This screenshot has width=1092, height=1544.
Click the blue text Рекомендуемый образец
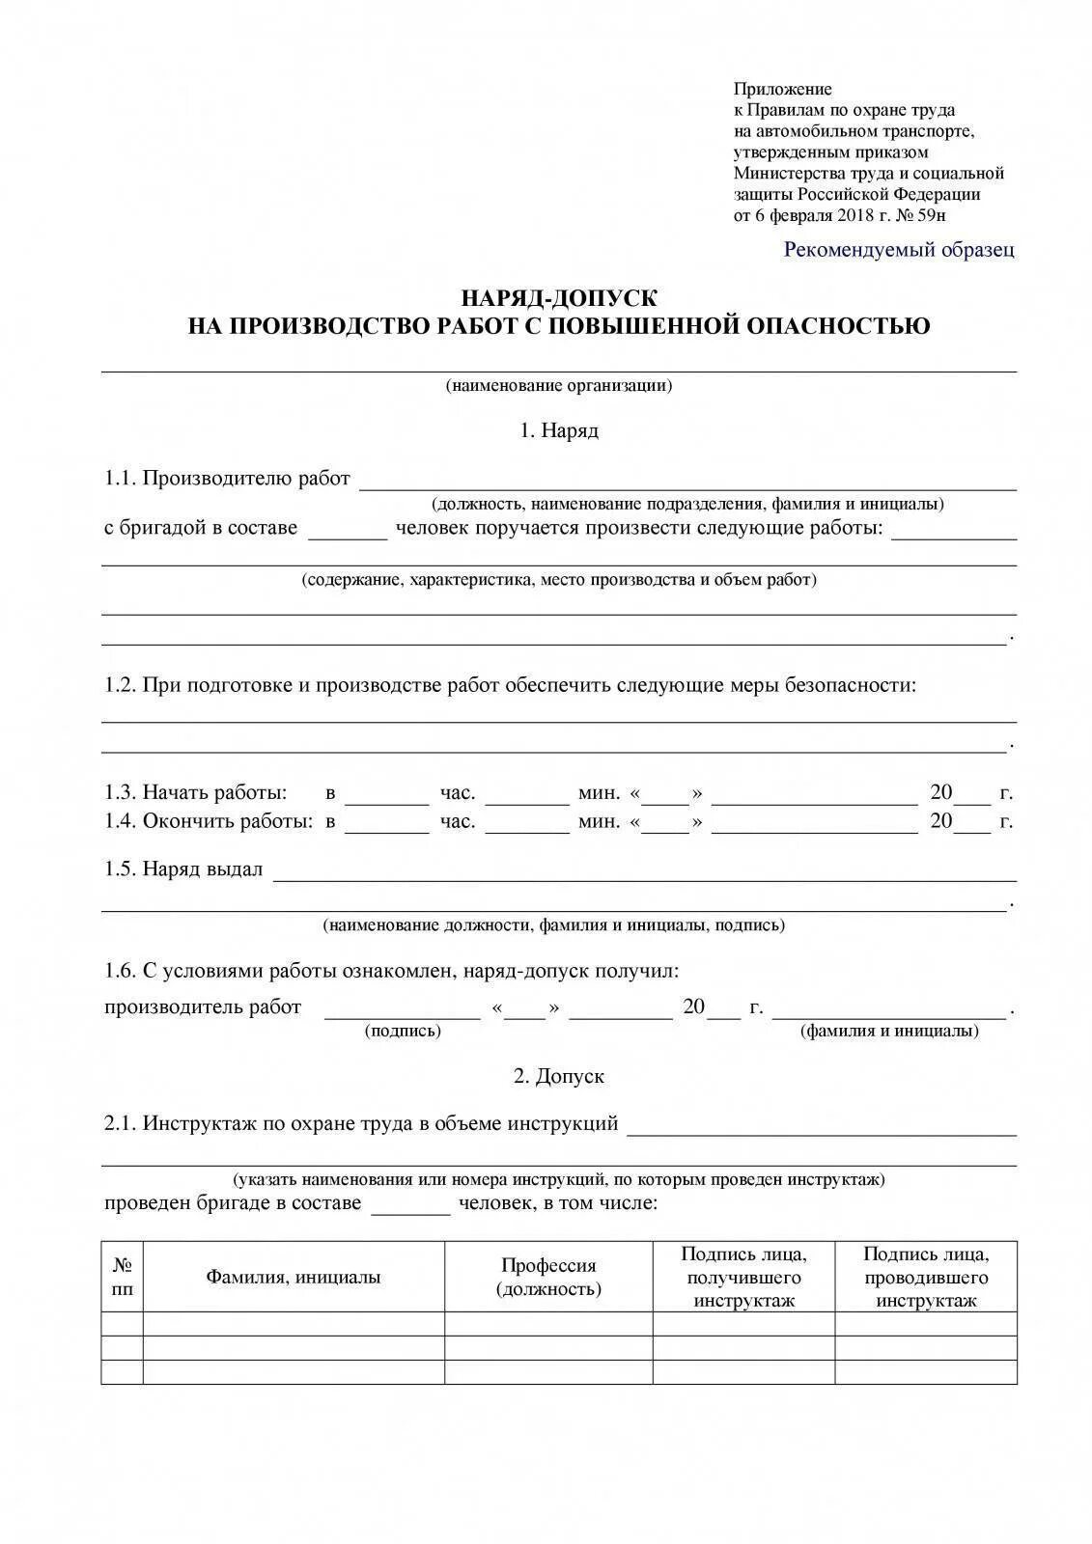tap(899, 250)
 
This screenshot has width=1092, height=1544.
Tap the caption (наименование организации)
tap(559, 386)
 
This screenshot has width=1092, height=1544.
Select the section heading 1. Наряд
tap(559, 430)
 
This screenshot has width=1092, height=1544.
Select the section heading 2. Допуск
tap(559, 1076)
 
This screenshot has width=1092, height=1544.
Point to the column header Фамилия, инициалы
tap(294, 1277)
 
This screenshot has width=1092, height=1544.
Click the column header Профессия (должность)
tap(548, 1277)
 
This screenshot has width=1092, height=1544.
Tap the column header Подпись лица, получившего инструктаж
tap(743, 1277)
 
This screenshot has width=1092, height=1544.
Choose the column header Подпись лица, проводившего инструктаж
tap(926, 1277)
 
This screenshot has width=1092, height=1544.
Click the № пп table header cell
tap(123, 1277)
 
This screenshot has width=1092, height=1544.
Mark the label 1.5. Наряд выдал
tap(183, 868)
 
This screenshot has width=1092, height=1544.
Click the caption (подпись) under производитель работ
tap(403, 1031)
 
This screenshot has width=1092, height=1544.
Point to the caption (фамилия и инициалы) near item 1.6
tap(889, 1031)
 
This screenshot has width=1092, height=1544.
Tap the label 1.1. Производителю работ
tap(228, 479)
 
